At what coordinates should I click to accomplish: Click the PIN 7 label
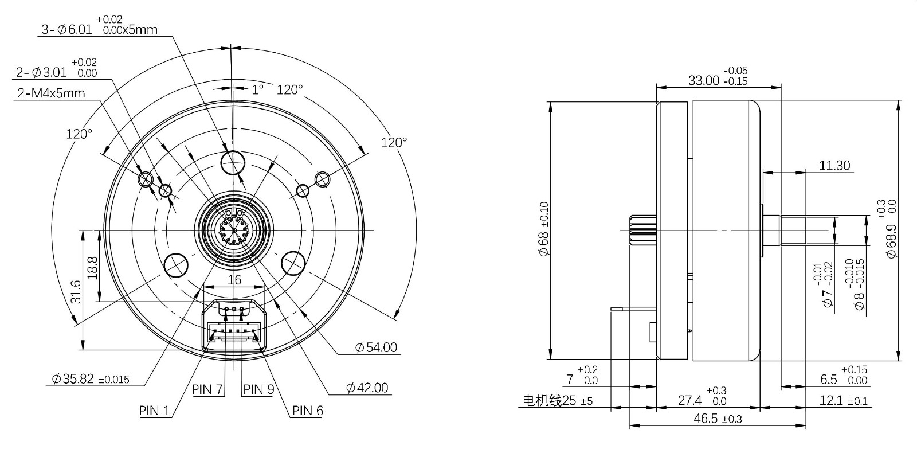click(207, 389)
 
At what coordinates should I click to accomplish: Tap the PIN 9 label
click(258, 389)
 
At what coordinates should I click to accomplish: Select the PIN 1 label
click(154, 411)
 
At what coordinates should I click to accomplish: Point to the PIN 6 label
click(307, 411)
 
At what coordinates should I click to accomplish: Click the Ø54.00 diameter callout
click(376, 347)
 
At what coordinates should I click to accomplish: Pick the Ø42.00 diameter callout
click(367, 388)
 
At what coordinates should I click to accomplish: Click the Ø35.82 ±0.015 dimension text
click(91, 379)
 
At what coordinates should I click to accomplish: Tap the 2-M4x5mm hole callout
click(51, 93)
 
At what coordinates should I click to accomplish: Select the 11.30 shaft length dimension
click(834, 166)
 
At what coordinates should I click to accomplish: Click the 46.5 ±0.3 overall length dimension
click(718, 419)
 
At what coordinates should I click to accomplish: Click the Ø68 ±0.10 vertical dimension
click(544, 228)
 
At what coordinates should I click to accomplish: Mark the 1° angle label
click(257, 89)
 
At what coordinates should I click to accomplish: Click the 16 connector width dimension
click(234, 280)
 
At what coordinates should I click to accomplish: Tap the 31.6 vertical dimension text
click(76, 291)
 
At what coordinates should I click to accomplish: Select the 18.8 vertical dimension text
click(92, 268)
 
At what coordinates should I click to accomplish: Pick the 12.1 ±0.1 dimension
click(843, 400)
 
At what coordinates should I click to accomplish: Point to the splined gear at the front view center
click(234, 231)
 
